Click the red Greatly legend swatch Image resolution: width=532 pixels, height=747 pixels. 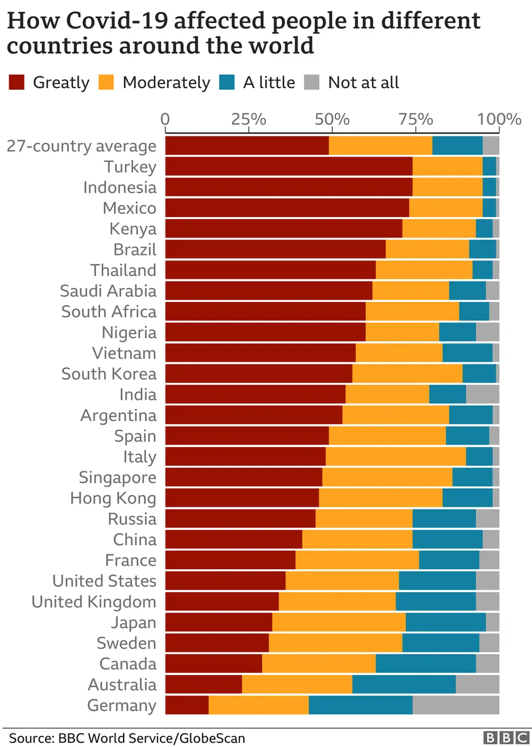17,82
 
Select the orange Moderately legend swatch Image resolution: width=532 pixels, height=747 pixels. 106,82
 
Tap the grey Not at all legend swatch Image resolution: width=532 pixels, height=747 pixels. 312,82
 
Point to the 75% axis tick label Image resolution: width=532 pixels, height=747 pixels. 415,119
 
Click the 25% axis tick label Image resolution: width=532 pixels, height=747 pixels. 248,119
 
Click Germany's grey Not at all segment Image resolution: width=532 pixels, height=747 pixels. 456,705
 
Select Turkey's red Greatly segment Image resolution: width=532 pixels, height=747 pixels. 289,167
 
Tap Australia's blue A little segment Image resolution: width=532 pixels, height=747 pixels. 404,685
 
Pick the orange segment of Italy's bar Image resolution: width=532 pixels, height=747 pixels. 396,457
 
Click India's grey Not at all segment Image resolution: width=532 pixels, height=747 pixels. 483,394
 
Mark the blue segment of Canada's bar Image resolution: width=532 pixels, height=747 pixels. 426,664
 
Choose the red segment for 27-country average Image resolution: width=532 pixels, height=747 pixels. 247,146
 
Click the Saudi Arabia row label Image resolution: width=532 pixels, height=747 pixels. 108,291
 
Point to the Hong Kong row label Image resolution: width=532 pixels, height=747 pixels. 113,498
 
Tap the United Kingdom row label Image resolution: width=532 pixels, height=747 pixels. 94,602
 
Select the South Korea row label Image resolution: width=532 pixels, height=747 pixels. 109,374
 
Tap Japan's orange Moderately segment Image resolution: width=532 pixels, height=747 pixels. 339,622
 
